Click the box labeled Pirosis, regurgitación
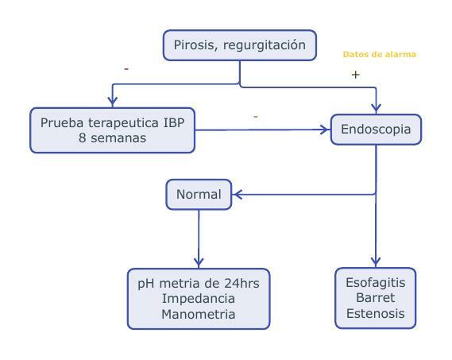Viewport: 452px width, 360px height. click(x=239, y=45)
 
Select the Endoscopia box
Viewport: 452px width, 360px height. click(x=376, y=130)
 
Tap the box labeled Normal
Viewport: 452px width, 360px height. click(x=199, y=194)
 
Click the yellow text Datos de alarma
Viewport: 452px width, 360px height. click(x=379, y=55)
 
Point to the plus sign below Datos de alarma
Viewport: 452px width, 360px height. click(x=355, y=75)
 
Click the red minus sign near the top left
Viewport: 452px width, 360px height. click(x=126, y=70)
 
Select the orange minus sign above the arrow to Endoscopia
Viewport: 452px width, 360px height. click(x=255, y=118)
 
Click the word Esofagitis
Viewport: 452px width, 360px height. click(x=375, y=282)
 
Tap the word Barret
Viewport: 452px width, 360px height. click(x=375, y=298)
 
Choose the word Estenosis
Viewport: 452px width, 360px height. click(x=375, y=314)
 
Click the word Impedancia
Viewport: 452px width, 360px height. click(x=199, y=299)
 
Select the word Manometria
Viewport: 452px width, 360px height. click(x=199, y=315)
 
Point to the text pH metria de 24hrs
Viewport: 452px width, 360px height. click(x=199, y=283)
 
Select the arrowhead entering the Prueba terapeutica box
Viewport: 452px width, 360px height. click(x=113, y=101)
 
